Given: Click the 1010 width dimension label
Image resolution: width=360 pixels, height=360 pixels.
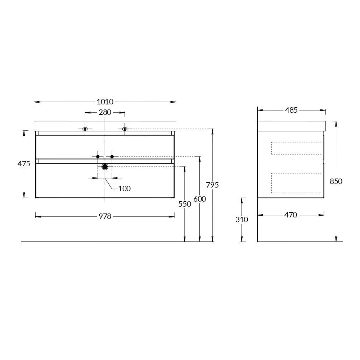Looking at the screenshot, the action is click(105, 102).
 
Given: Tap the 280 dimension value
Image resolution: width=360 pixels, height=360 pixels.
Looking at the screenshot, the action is click(105, 112).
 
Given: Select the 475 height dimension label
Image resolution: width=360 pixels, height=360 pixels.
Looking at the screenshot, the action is click(24, 164).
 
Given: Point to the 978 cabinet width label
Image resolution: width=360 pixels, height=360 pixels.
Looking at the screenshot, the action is click(105, 216).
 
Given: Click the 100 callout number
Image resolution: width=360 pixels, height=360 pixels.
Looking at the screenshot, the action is click(125, 189).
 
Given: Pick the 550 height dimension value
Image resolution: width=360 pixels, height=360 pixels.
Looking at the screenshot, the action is click(185, 204).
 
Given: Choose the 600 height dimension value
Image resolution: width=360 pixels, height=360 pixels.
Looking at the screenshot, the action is click(199, 199).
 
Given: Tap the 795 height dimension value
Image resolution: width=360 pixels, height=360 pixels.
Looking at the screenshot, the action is click(212, 185).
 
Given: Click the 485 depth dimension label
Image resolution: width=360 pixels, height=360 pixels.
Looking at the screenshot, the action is click(291, 110).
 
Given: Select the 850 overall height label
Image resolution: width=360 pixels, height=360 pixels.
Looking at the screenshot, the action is click(336, 181).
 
